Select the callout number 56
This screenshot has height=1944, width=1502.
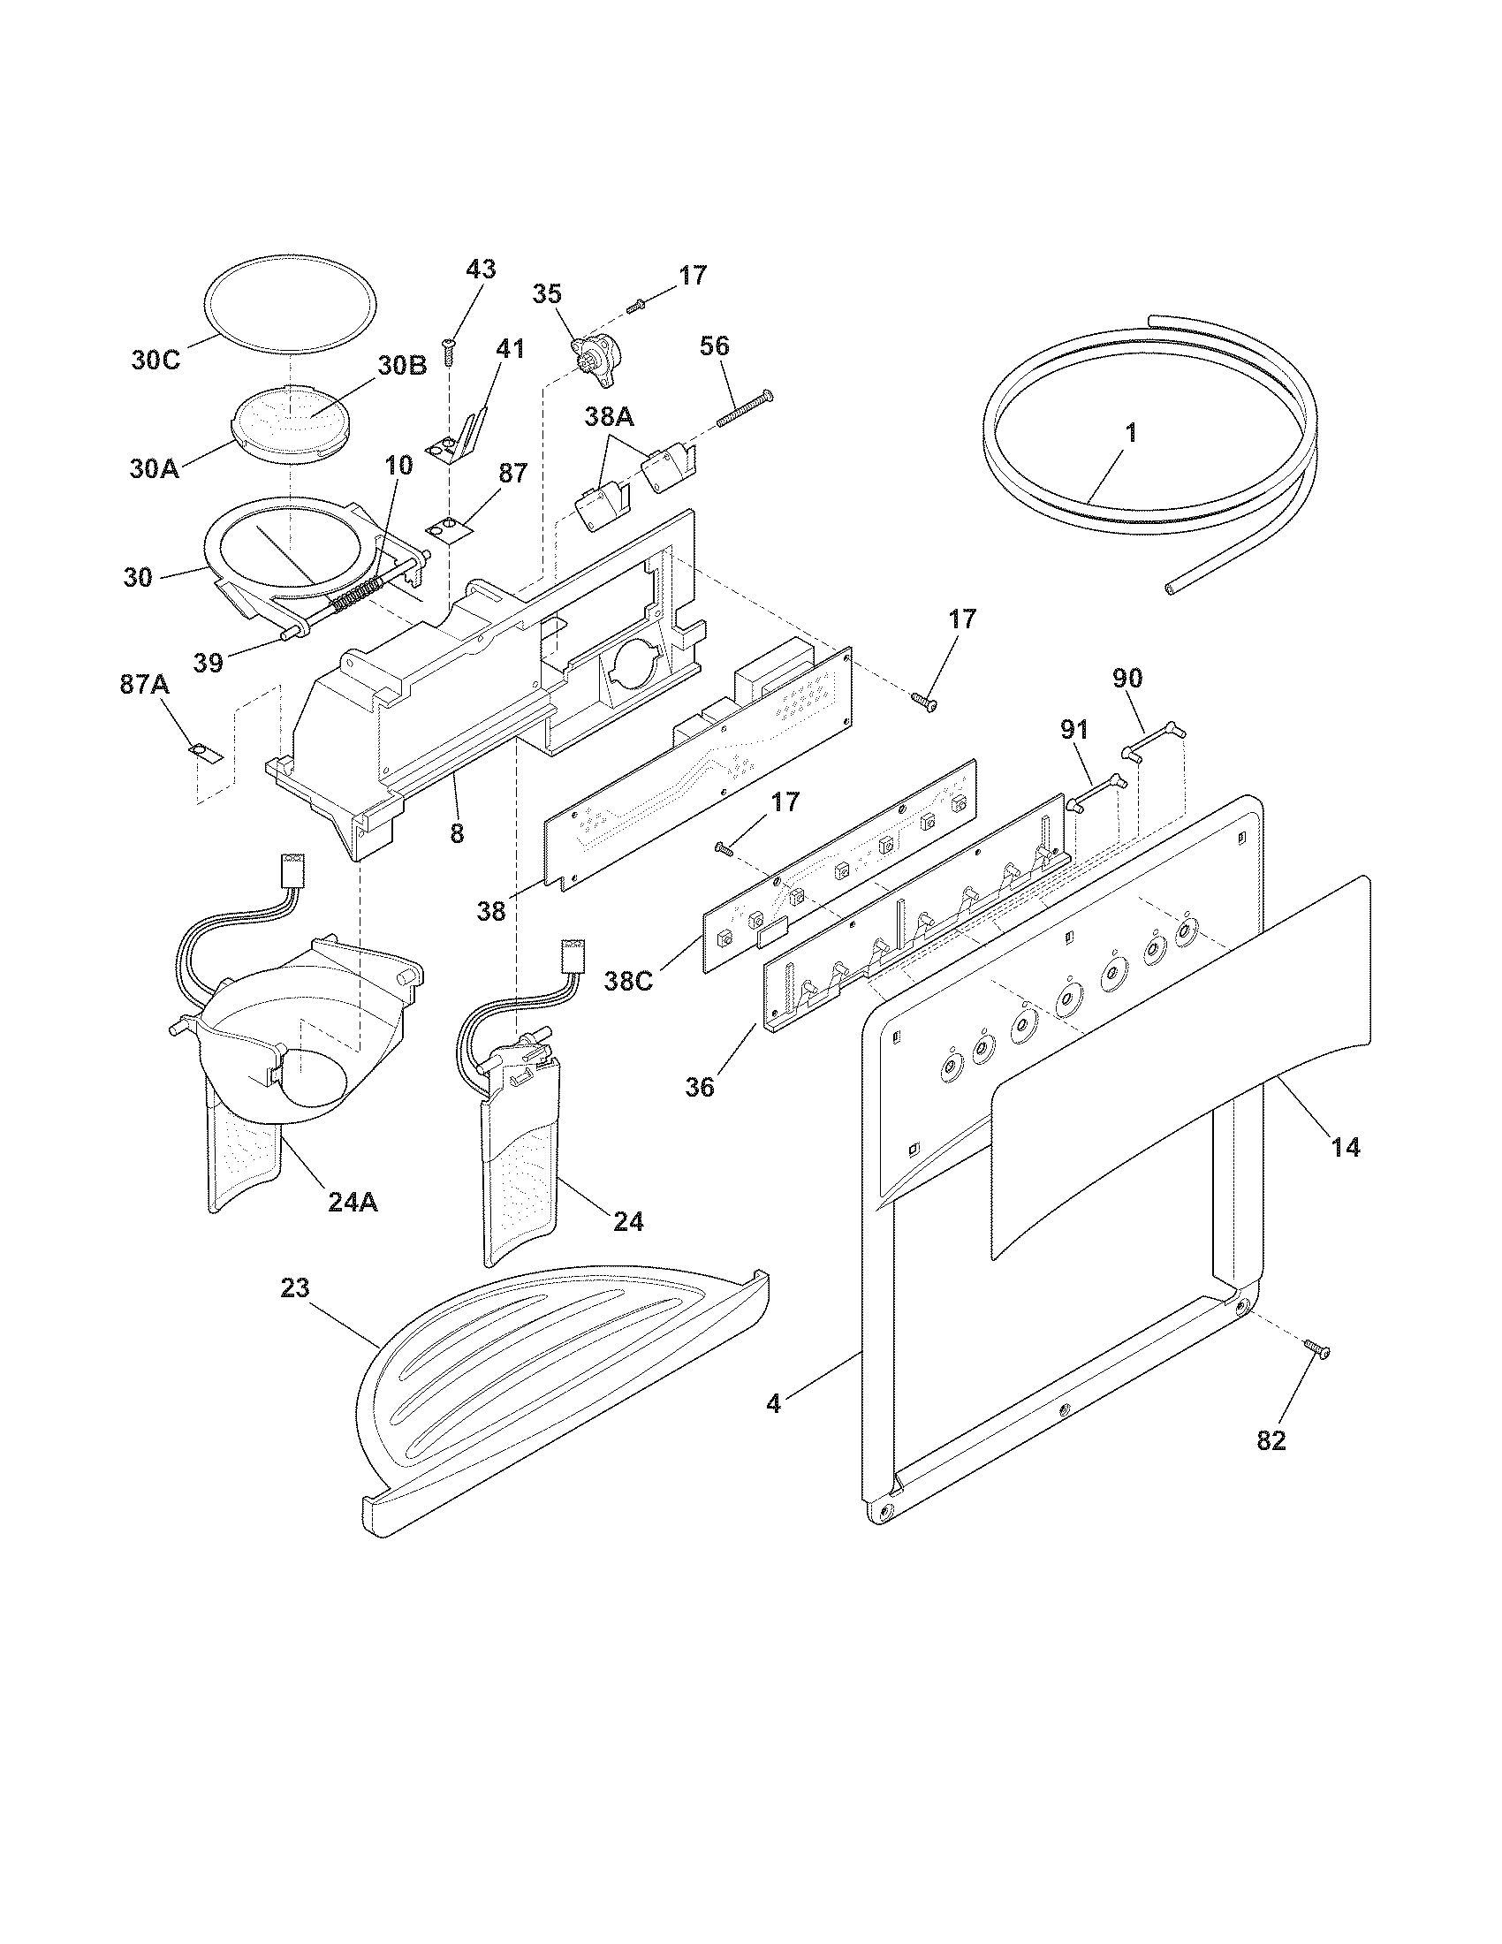715,346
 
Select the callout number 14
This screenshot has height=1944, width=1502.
1345,1148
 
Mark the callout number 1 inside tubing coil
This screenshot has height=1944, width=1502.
1130,435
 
